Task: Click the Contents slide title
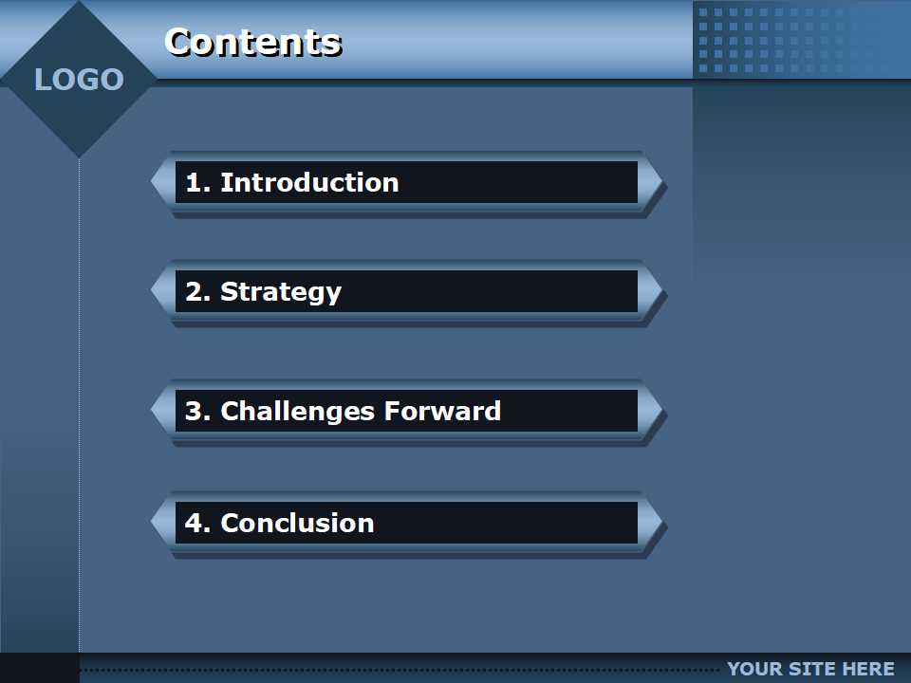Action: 253,43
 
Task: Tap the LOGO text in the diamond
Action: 79,80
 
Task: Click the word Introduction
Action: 309,182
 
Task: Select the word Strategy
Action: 281,292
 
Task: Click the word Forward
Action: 442,411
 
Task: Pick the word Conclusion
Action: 297,523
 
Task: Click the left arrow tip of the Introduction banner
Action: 151,182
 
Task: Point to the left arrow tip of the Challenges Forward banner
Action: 151,411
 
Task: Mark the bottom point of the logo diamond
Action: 79,157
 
